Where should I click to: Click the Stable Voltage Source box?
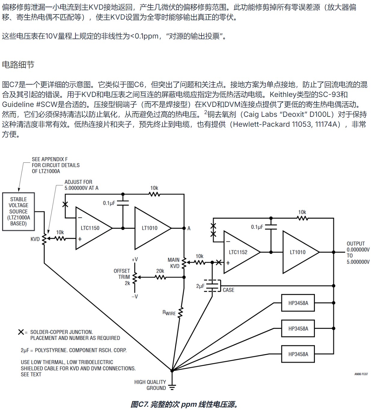click(x=18, y=211)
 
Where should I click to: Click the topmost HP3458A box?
click(x=298, y=303)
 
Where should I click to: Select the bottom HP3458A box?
click(x=298, y=354)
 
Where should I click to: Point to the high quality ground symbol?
click(x=172, y=387)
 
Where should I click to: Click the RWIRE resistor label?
click(x=169, y=313)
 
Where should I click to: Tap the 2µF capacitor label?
click(x=200, y=286)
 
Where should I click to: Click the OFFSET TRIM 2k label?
click(x=122, y=277)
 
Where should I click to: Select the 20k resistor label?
click(x=160, y=271)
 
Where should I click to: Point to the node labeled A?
click(x=184, y=228)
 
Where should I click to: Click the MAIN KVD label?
click(x=174, y=263)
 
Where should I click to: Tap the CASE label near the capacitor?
click(x=228, y=290)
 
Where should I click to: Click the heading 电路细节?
click(x=18, y=64)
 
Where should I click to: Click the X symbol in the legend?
click(x=21, y=332)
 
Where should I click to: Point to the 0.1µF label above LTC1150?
click(x=109, y=203)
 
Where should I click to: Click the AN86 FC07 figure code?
click(x=361, y=374)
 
